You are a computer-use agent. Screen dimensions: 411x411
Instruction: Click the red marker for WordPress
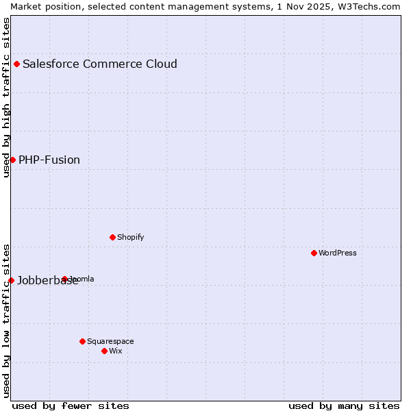pos(314,253)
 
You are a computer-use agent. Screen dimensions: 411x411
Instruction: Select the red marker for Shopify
pos(112,237)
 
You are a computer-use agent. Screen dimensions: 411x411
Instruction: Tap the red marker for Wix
pos(104,351)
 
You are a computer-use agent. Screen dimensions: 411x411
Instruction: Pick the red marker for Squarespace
pos(82,341)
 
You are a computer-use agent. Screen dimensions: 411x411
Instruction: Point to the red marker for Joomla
pos(64,279)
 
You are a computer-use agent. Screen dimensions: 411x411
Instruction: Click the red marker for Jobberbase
pos(11,280)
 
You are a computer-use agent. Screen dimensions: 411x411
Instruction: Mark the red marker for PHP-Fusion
pos(12,160)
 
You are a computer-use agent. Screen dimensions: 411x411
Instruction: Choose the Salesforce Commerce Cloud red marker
pos(16,64)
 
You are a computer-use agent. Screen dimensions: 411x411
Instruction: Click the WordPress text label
pos(338,253)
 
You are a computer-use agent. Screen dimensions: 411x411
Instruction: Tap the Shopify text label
pos(130,237)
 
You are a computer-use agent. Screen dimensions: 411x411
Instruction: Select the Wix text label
pos(116,351)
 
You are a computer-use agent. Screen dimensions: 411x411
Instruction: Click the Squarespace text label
pos(110,341)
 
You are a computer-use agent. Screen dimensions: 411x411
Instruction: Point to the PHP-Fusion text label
pos(49,160)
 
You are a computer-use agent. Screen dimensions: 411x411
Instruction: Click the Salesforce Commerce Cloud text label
pos(100,64)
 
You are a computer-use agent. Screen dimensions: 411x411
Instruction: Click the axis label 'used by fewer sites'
pos(71,406)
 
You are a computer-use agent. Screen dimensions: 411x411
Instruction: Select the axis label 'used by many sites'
pos(344,406)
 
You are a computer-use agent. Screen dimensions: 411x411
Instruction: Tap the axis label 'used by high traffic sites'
pos(6,97)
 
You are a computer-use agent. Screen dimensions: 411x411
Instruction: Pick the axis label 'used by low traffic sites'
pos(6,320)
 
